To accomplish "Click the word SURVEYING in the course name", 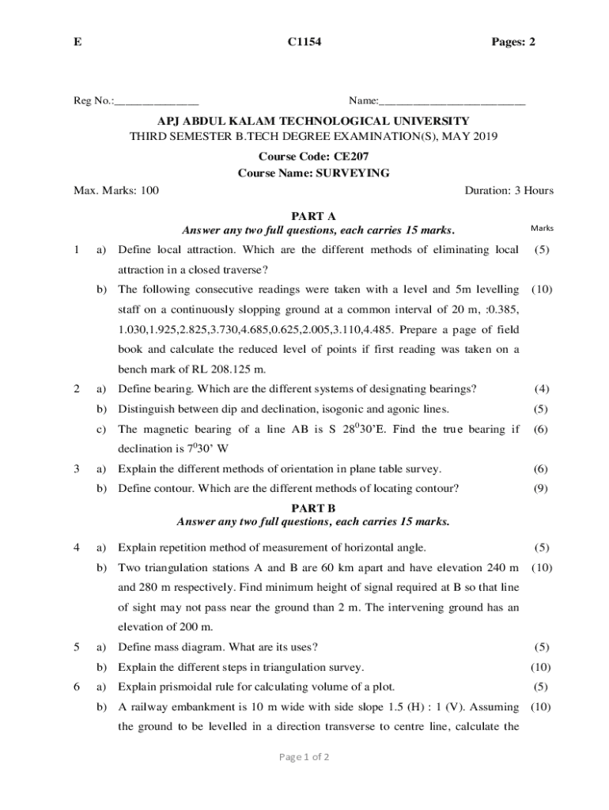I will [x=353, y=173].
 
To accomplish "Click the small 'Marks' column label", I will [x=542, y=229].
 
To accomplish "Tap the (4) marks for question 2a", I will [x=542, y=389].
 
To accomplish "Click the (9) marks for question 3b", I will [x=542, y=489].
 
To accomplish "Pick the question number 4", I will [x=76, y=547].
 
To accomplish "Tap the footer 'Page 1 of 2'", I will [x=304, y=757].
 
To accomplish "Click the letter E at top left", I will [x=77, y=41].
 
